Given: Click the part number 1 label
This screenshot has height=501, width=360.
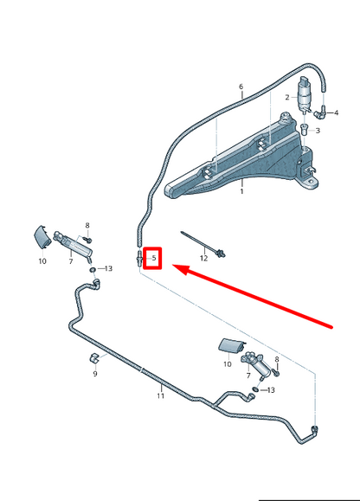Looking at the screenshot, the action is click(x=241, y=191).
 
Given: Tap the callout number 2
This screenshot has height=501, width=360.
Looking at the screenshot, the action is click(x=287, y=97).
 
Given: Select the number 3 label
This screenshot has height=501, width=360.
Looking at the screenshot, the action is click(x=318, y=131).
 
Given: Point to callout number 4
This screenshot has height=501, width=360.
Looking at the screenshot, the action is click(x=336, y=112).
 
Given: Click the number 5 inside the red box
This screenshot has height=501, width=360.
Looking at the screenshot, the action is click(x=154, y=258).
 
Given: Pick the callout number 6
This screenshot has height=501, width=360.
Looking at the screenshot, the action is click(x=241, y=87).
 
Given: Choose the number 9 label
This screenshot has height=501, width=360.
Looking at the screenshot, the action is click(x=95, y=374).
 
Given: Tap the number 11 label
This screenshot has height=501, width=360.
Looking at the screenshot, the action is click(x=160, y=395).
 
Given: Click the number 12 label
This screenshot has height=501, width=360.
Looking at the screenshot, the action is click(x=203, y=258).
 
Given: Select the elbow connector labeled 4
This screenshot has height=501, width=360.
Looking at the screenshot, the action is click(x=319, y=112).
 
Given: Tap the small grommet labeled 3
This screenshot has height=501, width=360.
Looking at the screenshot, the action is click(x=305, y=130).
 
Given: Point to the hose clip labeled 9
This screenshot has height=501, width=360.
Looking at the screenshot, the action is click(x=93, y=358).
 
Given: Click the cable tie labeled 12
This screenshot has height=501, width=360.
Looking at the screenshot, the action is click(x=203, y=244).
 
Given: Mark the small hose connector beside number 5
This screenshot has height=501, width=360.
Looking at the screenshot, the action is click(x=139, y=260).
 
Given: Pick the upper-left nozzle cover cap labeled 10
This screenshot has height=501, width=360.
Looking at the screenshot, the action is click(x=42, y=236).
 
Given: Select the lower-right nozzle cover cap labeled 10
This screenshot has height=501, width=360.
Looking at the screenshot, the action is click(x=232, y=346).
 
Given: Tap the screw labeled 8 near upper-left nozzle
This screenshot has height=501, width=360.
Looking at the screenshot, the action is click(x=87, y=239).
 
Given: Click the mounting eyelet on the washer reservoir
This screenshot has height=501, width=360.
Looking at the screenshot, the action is click(x=310, y=183).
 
